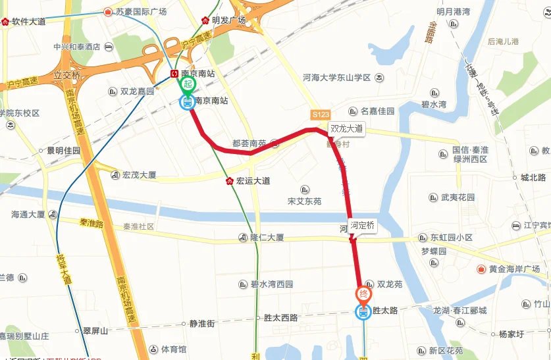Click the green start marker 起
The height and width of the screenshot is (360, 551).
click(188, 84)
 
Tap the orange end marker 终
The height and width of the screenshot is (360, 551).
click(363, 294)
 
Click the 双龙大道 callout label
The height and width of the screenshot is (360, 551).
click(346, 129)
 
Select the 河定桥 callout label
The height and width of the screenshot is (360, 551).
click(362, 225)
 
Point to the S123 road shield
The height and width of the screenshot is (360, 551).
click(321, 114)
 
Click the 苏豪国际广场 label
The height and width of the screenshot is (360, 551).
click(141, 12)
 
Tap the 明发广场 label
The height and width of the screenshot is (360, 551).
click(228, 20)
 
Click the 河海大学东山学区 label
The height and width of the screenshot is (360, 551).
click(337, 78)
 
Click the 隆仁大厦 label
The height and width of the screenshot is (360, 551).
click(267, 238)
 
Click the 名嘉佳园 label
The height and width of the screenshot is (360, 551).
click(377, 111)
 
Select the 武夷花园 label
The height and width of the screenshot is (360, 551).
click(458, 197)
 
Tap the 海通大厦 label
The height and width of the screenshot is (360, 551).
click(28, 215)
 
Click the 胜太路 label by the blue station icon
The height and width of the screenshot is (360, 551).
click(385, 311)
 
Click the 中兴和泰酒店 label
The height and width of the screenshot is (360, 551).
click(78, 47)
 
